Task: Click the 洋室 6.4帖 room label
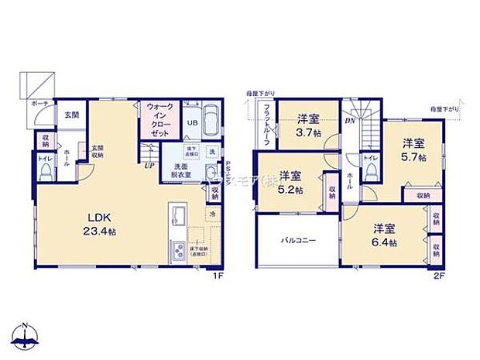point(383,235)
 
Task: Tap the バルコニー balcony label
point(298,240)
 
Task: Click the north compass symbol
point(25,334)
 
